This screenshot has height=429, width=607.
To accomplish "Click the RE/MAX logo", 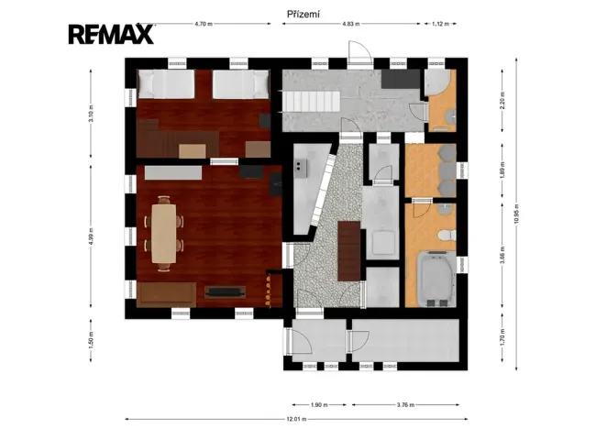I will click(x=110, y=35).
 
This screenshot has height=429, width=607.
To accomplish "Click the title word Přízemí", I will click(x=303, y=14).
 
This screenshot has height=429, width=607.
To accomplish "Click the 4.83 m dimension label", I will click(x=351, y=25).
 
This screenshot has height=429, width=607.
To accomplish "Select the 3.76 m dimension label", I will click(x=403, y=404).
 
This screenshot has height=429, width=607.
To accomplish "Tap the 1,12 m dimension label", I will click(x=439, y=25).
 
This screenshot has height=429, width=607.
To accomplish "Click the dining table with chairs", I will click(x=164, y=231).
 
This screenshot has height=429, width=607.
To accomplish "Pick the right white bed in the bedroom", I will click(x=240, y=85).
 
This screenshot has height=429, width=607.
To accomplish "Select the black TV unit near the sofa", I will click(x=226, y=291).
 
